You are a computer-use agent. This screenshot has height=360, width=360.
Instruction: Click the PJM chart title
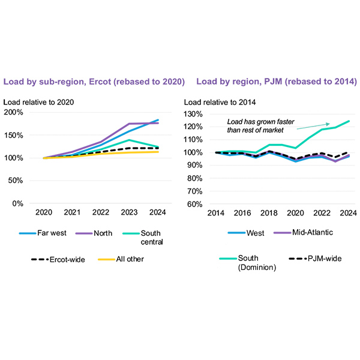277,81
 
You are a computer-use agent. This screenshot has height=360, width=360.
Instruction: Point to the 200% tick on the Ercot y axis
13,112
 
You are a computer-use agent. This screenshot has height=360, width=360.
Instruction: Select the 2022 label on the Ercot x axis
101,212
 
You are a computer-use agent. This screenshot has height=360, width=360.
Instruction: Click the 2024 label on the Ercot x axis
158,212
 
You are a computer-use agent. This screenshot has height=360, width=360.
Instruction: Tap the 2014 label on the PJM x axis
216,212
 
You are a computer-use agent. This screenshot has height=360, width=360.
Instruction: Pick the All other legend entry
129,259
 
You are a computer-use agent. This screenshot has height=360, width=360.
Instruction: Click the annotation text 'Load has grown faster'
260,121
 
